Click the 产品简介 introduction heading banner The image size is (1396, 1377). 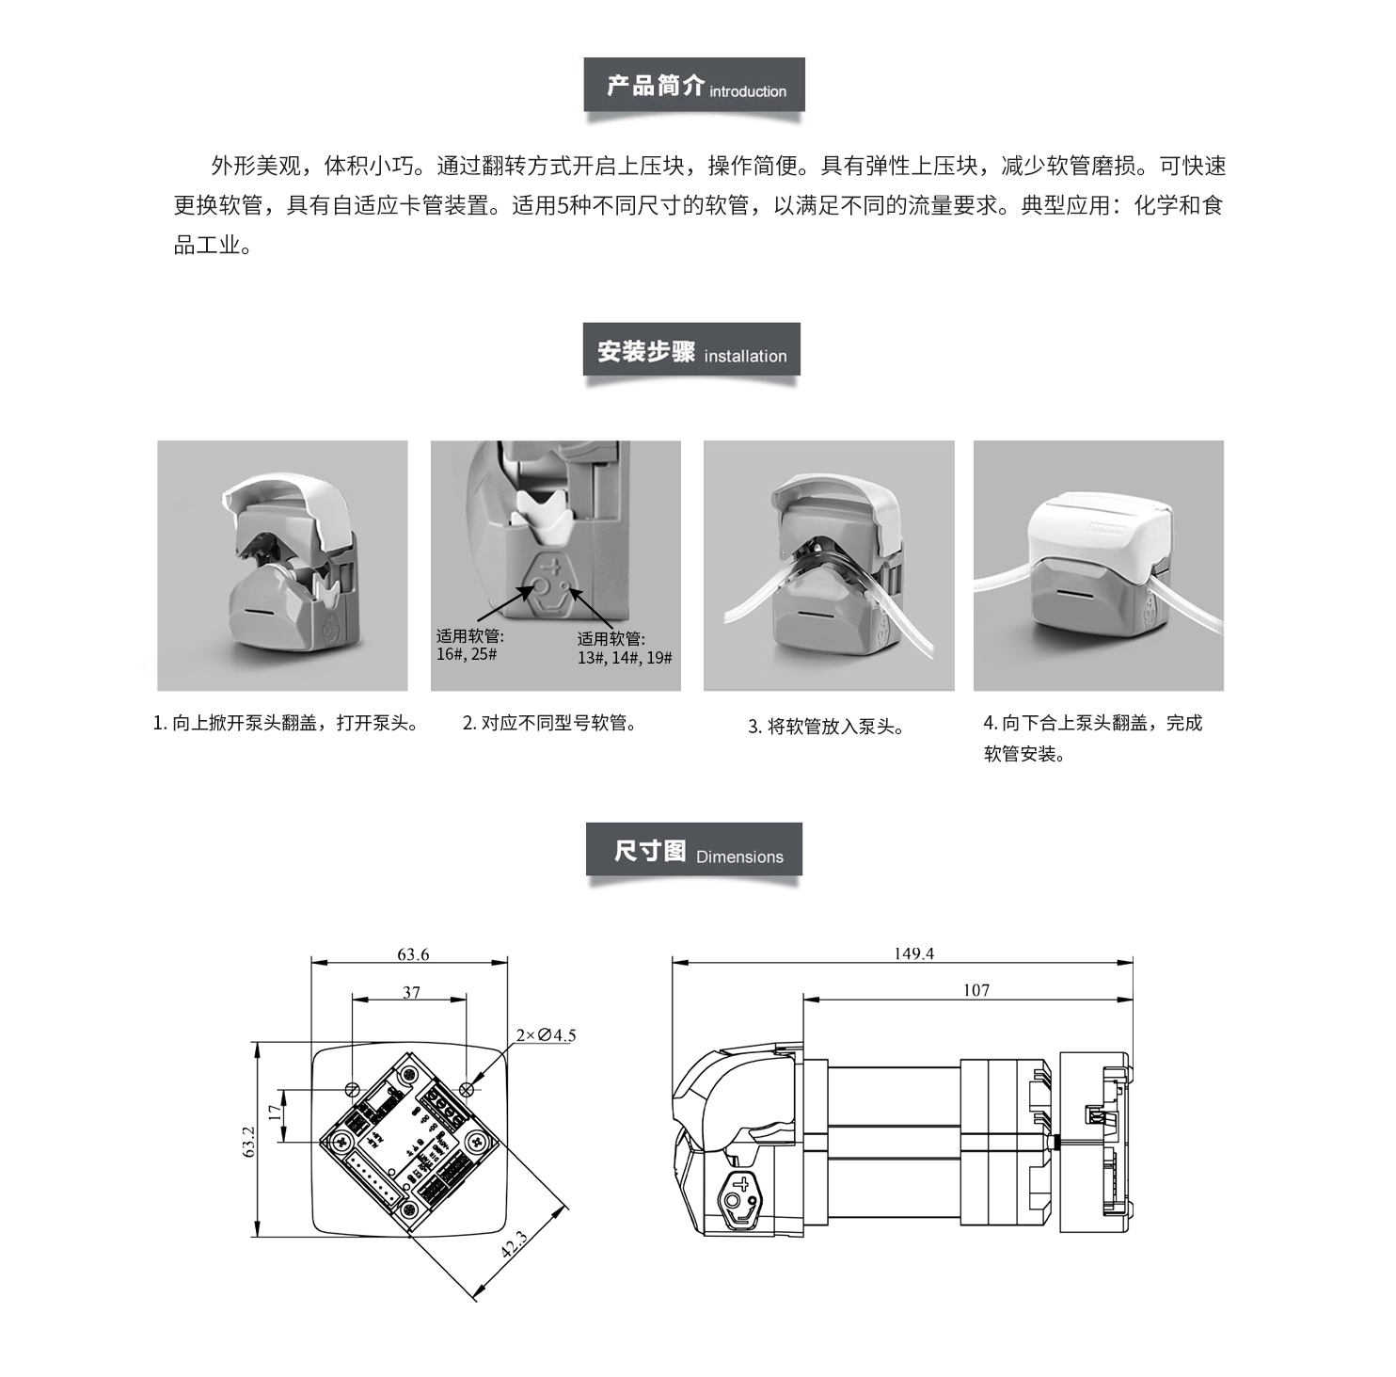click(694, 86)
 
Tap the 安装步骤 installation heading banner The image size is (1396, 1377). click(691, 350)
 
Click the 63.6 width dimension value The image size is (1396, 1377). click(413, 953)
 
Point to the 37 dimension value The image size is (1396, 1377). click(411, 992)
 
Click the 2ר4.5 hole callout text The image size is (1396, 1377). click(546, 1035)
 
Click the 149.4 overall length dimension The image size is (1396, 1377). click(913, 953)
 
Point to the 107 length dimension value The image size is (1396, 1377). click(976, 990)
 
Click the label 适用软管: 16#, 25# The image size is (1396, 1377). click(469, 645)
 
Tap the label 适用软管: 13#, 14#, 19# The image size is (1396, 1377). click(625, 648)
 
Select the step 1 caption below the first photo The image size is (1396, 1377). click(286, 723)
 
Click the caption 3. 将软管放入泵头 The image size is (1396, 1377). click(826, 727)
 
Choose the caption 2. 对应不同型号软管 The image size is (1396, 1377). click(549, 723)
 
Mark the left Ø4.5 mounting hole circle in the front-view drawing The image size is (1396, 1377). click(352, 1089)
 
